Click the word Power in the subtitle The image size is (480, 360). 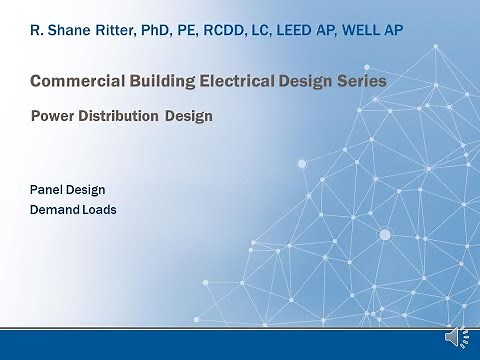coord(53,116)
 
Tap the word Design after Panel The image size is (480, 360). coord(87,189)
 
